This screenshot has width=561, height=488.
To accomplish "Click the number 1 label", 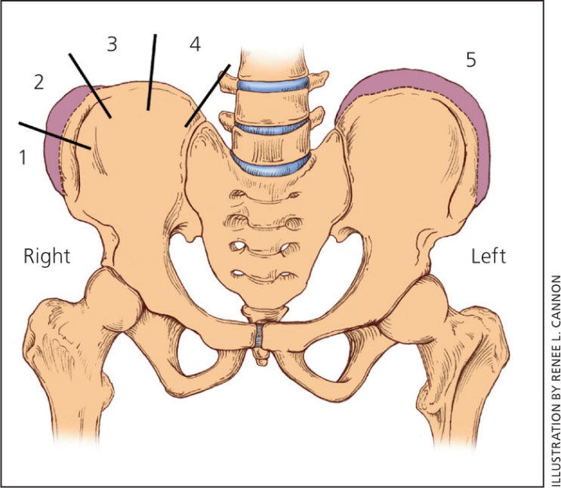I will [x=23, y=156].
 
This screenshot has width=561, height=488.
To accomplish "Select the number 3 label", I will [x=112, y=44].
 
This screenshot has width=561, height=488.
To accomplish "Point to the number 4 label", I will [x=195, y=44].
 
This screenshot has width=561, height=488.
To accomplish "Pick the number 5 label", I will [x=470, y=60].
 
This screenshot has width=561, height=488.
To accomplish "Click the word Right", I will [x=47, y=256].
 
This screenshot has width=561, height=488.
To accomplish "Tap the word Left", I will [x=488, y=256].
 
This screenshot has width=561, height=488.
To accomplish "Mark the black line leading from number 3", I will [x=153, y=72].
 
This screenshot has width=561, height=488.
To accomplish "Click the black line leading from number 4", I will [x=207, y=94].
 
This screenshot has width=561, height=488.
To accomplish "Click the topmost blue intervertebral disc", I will [x=273, y=84].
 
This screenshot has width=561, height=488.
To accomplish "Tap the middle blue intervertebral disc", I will [x=273, y=127].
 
